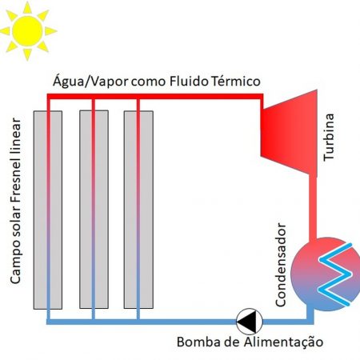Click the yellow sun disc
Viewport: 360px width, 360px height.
coord(27,31)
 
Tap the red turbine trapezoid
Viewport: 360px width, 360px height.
coord(290,134)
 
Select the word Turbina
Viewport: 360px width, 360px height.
coord(329,137)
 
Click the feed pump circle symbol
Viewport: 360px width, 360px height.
coord(250,322)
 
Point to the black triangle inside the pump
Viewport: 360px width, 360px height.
coord(246,322)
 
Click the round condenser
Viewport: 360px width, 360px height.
coord(326,274)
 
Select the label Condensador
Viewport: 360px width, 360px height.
coord(281,265)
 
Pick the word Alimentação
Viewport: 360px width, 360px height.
coord(283,342)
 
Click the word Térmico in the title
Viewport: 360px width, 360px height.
coord(236,82)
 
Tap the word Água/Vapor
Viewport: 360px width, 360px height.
coord(90,81)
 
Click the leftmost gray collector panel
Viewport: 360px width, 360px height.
coord(48,210)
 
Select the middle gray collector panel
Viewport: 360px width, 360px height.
coord(94,210)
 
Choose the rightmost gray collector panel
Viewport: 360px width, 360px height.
coord(138,210)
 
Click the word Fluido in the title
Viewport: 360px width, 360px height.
coord(189,82)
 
